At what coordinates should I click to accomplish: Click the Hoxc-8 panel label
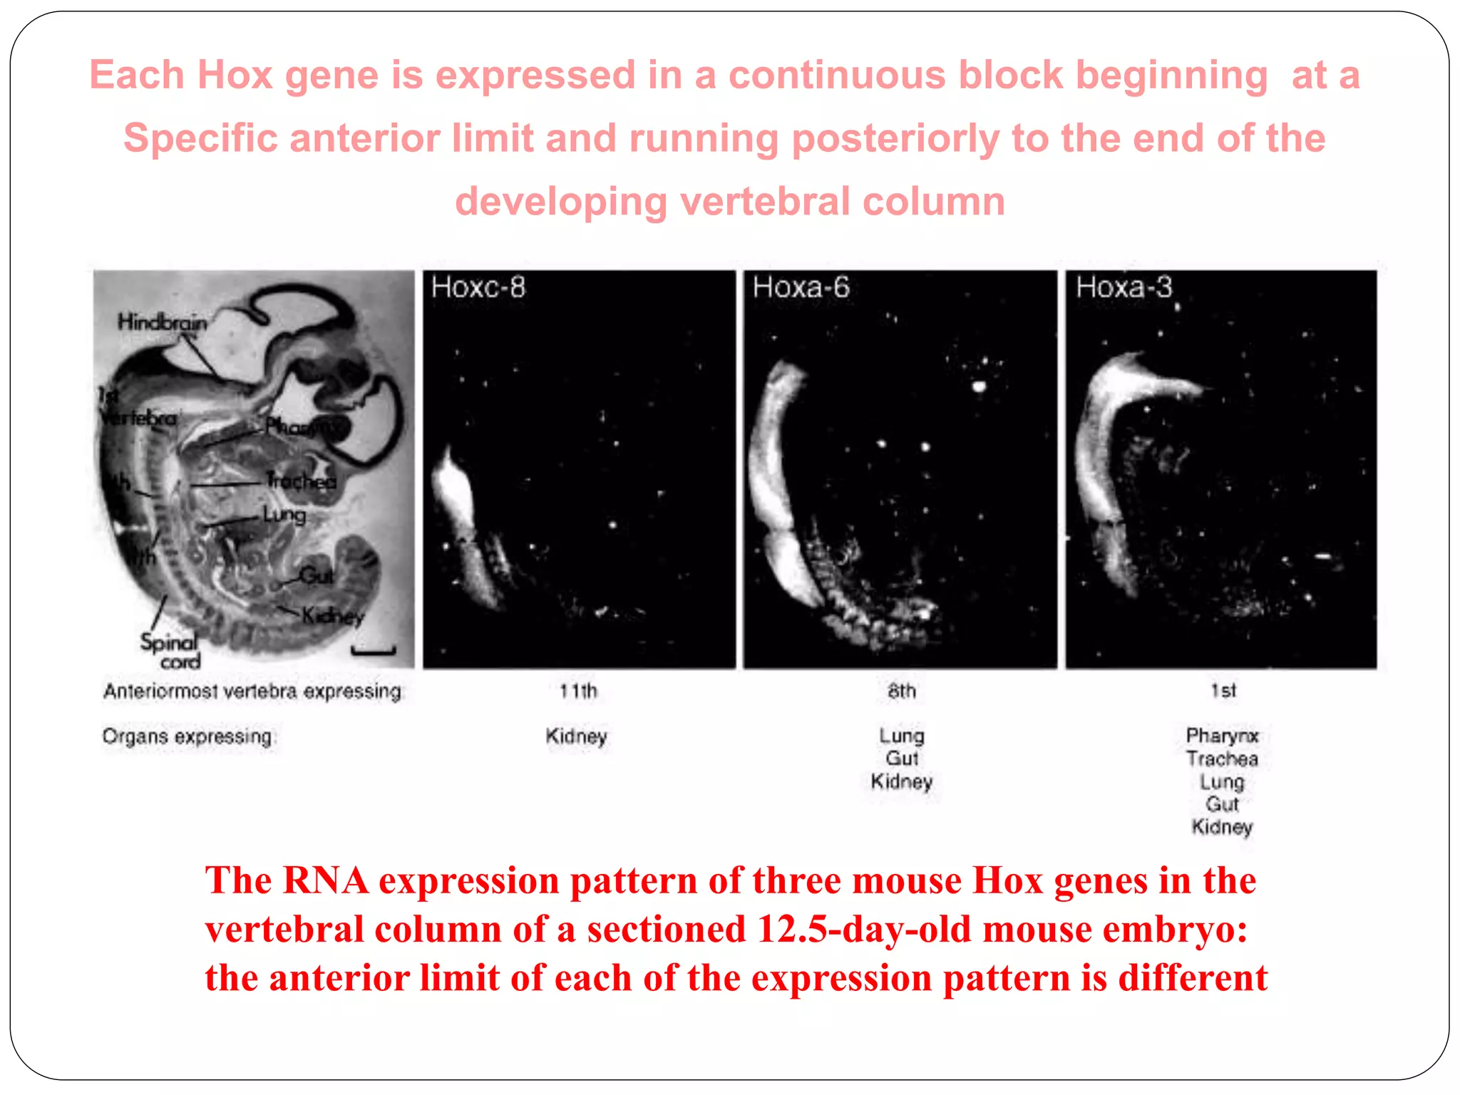pyautogui.click(x=478, y=287)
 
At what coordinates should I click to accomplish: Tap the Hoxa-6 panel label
pyautogui.click(x=801, y=287)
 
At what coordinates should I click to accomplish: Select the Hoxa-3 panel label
pyautogui.click(x=1124, y=287)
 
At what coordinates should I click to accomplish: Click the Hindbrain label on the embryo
pyautogui.click(x=163, y=322)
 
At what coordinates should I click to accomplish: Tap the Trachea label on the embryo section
pyautogui.click(x=301, y=481)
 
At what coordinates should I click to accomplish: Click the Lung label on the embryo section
pyautogui.click(x=284, y=514)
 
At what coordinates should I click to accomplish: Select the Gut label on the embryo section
pyautogui.click(x=316, y=575)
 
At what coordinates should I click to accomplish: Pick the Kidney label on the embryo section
pyautogui.click(x=332, y=615)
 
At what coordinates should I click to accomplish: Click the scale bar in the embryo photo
pyautogui.click(x=373, y=650)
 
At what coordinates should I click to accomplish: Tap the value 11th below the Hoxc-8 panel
pyautogui.click(x=578, y=691)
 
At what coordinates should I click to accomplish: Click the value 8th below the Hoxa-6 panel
pyautogui.click(x=902, y=691)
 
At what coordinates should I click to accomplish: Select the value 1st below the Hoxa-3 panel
pyautogui.click(x=1223, y=691)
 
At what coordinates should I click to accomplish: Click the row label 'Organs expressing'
pyautogui.click(x=187, y=736)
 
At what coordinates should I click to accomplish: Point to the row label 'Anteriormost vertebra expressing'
pyautogui.click(x=252, y=692)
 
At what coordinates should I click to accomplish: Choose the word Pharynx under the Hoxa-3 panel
pyautogui.click(x=1222, y=736)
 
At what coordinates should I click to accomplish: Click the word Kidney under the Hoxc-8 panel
pyautogui.click(x=576, y=736)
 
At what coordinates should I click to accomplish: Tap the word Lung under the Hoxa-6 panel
pyautogui.click(x=901, y=736)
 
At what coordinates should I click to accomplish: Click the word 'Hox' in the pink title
pyautogui.click(x=235, y=75)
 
